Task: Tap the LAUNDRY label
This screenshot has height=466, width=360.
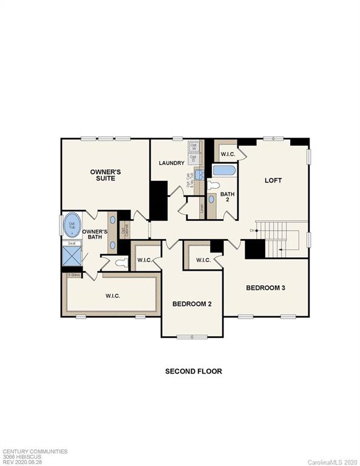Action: pyautogui.click(x=171, y=163)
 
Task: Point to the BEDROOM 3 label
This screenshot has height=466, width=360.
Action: pyautogui.click(x=265, y=288)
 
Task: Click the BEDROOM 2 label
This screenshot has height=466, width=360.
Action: pyautogui.click(x=192, y=303)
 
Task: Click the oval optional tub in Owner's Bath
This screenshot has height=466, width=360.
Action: pyautogui.click(x=72, y=225)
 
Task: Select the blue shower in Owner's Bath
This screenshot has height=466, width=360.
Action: pyautogui.click(x=72, y=257)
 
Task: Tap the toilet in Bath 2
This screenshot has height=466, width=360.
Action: pyautogui.click(x=213, y=185)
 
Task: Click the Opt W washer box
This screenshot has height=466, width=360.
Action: pyautogui.click(x=193, y=147)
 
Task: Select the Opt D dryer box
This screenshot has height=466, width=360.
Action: pyautogui.click(x=193, y=158)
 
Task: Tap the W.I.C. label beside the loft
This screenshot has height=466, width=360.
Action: pyautogui.click(x=228, y=154)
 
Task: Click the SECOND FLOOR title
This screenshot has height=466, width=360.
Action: pyautogui.click(x=194, y=371)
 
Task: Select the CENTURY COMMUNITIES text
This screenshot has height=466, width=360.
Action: pyautogui.click(x=35, y=451)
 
